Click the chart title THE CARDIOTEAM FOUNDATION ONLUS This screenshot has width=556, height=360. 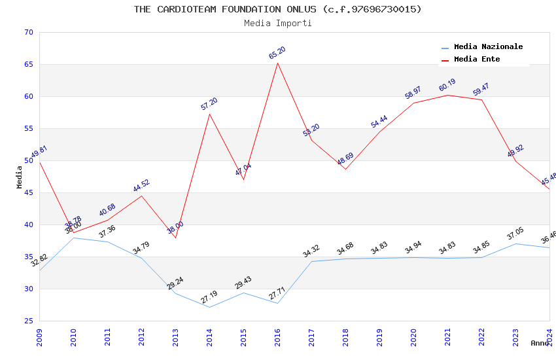point(277,9)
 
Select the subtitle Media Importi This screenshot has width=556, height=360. point(277,24)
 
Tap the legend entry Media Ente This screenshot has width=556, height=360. point(477,60)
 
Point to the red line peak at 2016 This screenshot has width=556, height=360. point(277,63)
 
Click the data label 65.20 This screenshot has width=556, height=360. point(277,53)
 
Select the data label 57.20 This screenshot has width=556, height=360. point(209,104)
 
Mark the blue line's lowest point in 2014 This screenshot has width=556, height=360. point(209,307)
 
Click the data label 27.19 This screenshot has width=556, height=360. point(209,297)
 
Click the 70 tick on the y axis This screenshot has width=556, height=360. point(27,32)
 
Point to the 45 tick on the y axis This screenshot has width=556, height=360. point(27,192)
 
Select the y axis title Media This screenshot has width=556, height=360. point(20,177)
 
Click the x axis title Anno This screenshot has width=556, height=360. point(540,343)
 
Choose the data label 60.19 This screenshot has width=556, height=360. point(447,86)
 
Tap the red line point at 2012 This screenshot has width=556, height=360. point(141,196)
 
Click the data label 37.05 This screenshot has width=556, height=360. point(515,234)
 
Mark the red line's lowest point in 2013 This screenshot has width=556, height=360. point(175,238)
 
